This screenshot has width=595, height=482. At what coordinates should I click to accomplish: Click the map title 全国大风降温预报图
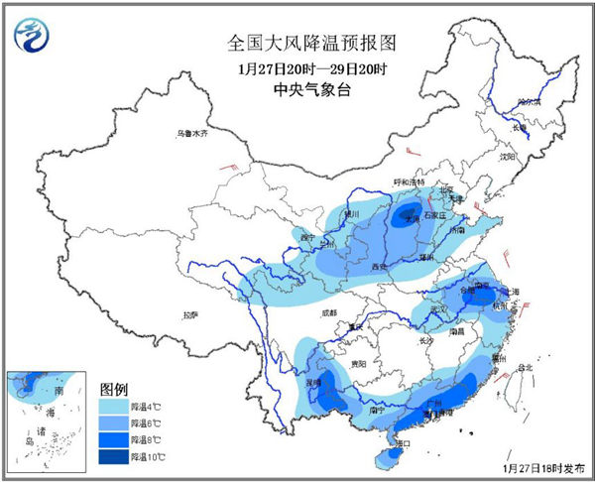[297, 45]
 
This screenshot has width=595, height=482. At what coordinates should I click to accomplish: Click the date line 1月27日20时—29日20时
[297, 69]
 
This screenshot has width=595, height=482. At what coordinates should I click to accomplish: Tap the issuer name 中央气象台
[297, 91]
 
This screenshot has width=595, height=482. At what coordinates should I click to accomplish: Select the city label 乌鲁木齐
[193, 133]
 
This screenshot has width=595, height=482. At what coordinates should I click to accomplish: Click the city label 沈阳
[508, 156]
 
